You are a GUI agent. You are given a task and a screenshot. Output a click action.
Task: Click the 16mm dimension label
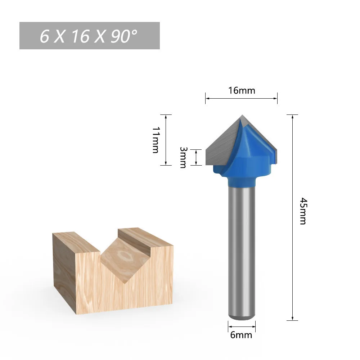click(x=242, y=90)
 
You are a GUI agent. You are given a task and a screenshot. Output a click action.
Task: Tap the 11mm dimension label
click(x=156, y=140)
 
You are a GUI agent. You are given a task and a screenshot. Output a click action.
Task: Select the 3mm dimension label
click(x=183, y=158)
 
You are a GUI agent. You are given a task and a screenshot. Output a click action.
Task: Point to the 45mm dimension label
click(x=303, y=211)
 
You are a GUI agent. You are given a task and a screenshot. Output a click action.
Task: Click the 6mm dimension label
click(x=241, y=335)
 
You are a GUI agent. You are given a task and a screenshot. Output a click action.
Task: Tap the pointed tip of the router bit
click(x=242, y=115)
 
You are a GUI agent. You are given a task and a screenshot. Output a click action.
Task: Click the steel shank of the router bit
click(x=242, y=253)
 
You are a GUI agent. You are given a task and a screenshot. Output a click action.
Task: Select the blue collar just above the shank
click(x=242, y=181)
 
